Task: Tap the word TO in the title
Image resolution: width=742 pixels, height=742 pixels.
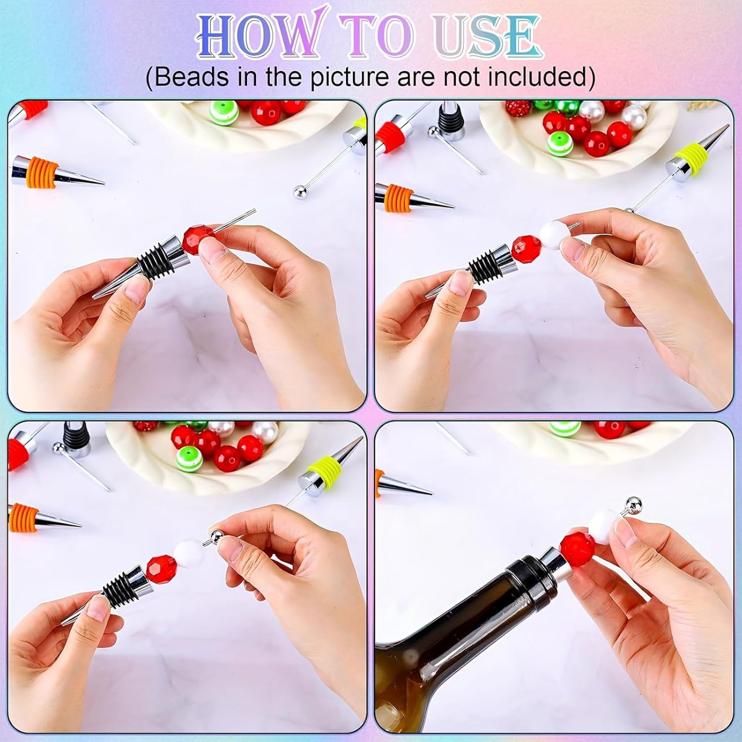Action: tap(383, 36)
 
